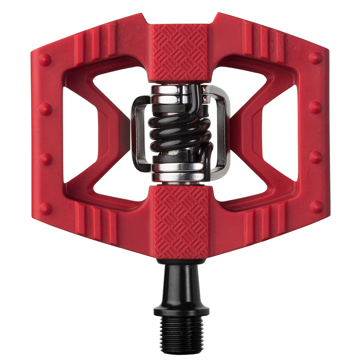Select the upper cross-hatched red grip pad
[x=180, y=52]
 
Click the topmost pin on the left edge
[x=45, y=59]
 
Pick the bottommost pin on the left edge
[x=45, y=208]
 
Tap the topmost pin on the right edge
[x=315, y=58]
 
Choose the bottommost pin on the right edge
[x=316, y=207]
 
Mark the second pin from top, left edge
[x=45, y=109]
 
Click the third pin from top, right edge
[x=315, y=157]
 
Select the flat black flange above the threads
[x=181, y=312]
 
